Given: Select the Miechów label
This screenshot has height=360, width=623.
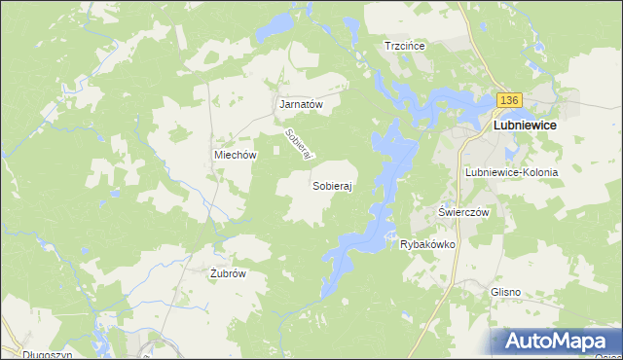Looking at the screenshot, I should [235, 155].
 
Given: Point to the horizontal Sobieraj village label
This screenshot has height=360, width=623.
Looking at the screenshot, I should [332, 185].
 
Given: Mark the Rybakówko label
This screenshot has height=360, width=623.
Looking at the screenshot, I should [428, 244].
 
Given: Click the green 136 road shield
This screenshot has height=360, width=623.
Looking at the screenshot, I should [510, 101].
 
